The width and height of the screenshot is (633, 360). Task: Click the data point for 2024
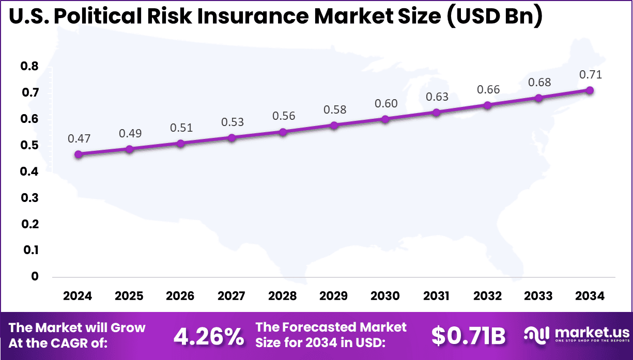coord(78,154)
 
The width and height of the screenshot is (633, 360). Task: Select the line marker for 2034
coord(590,90)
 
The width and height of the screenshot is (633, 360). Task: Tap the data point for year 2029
coord(334,125)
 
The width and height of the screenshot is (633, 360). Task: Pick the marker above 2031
coord(436,112)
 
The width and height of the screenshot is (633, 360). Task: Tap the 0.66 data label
coord(487,89)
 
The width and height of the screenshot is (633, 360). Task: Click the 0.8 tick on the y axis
coord(29,67)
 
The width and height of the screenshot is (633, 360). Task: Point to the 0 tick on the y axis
coord(34,276)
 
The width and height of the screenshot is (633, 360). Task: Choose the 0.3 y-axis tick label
coord(29,198)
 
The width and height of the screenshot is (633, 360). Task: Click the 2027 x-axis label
coord(231,296)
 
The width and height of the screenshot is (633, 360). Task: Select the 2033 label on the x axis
coord(538,296)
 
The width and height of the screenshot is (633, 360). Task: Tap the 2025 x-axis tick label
coord(129,296)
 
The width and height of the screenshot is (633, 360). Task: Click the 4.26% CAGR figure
coord(209,336)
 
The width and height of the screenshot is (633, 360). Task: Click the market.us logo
coord(577,335)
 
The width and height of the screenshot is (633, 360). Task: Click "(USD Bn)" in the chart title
coord(493,18)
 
